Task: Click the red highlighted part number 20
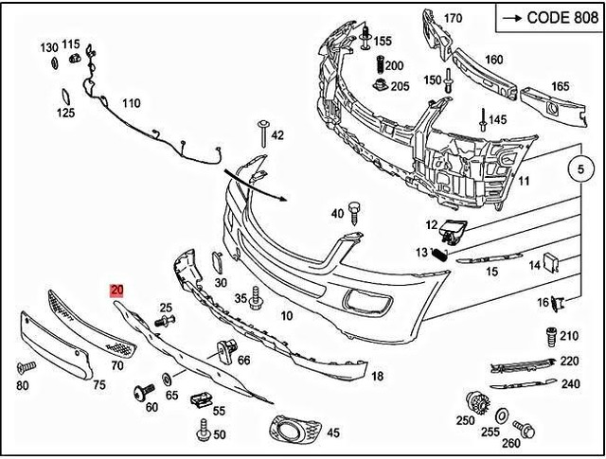pyautogui.click(x=117, y=291)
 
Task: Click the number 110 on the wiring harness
pyautogui.click(x=131, y=103)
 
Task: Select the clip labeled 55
pyautogui.click(x=199, y=400)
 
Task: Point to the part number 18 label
pyautogui.click(x=377, y=376)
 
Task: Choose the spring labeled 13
pyautogui.click(x=438, y=252)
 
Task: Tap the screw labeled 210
pyautogui.click(x=548, y=337)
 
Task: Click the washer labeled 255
pyautogui.click(x=503, y=415)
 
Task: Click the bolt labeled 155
pyautogui.click(x=365, y=37)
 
